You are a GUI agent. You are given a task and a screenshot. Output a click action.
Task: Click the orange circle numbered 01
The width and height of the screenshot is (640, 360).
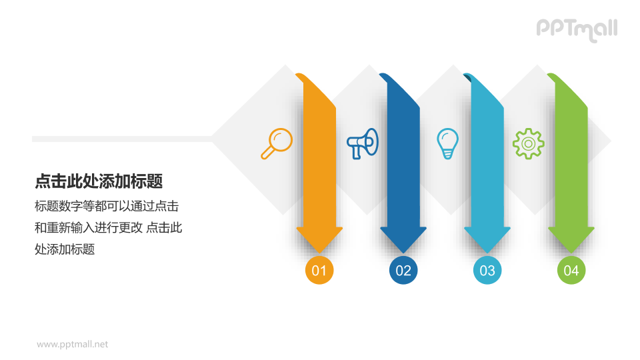click(x=319, y=271)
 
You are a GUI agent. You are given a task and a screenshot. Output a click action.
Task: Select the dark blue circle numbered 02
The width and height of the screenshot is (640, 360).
click(x=403, y=271)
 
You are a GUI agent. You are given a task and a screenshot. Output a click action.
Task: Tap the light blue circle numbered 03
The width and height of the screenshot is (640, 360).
click(x=487, y=271)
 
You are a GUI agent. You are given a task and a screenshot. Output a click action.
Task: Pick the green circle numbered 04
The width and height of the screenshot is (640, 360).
click(x=571, y=271)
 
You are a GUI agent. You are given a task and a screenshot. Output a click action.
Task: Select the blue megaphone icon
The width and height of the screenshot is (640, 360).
click(x=363, y=143)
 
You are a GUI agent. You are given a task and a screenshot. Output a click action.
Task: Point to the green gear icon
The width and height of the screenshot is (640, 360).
click(x=528, y=143)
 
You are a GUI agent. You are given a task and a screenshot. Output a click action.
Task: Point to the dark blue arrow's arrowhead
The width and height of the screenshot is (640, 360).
click(x=403, y=240)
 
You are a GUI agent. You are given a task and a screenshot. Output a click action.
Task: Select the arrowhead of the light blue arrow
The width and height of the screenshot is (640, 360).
click(x=487, y=240)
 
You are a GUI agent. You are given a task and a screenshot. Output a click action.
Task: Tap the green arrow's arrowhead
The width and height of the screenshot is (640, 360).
click(x=571, y=240)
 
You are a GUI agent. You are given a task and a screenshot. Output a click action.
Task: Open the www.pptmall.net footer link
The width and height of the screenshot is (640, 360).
click(x=72, y=345)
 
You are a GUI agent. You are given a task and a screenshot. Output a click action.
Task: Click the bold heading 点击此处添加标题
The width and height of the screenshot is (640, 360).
click(x=99, y=181)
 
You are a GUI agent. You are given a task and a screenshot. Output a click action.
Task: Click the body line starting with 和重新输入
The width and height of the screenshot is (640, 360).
click(x=108, y=227)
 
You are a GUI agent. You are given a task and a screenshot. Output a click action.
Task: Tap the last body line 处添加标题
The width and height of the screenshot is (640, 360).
click(x=65, y=249)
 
